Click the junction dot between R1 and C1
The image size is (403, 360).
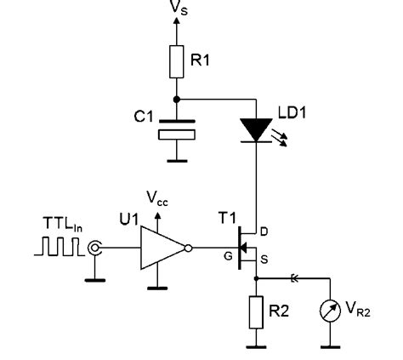pos(177,99)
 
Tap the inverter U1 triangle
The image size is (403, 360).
pos(162,249)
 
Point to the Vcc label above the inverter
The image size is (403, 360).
pos(157,198)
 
